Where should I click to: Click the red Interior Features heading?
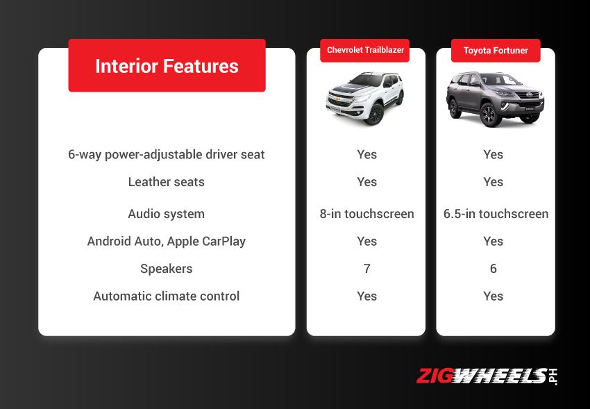(x=167, y=66)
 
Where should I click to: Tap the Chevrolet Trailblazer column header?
(x=366, y=50)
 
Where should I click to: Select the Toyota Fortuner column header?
(x=496, y=51)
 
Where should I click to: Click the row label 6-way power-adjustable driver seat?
(x=167, y=154)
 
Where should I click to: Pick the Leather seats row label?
(x=167, y=182)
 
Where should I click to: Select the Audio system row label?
(x=167, y=214)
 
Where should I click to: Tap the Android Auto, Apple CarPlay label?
(x=167, y=241)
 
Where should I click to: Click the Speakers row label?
(x=167, y=269)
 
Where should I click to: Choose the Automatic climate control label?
(x=167, y=296)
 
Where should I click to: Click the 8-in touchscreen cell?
(x=366, y=214)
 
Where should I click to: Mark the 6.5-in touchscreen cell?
(x=496, y=214)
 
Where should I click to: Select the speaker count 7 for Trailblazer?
(x=366, y=269)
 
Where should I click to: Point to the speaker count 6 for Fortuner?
(x=494, y=269)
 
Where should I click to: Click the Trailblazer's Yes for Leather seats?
(x=366, y=182)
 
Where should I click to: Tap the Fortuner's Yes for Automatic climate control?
(x=494, y=296)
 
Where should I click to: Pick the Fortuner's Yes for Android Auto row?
(x=494, y=241)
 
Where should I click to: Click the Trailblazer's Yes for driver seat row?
(x=366, y=154)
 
